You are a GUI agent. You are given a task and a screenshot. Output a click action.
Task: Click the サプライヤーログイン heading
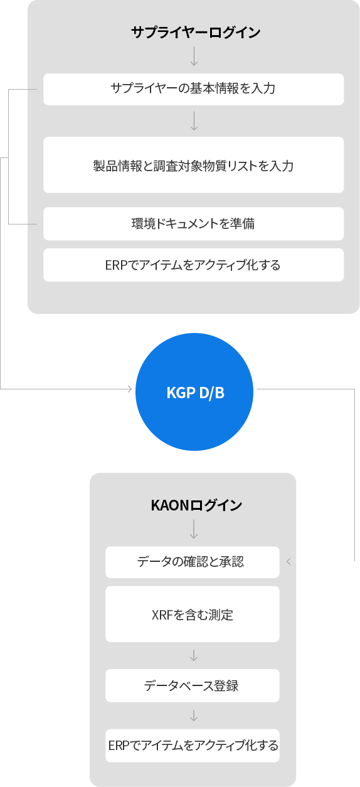(x=196, y=33)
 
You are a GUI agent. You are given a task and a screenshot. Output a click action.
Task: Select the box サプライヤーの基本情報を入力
(x=194, y=89)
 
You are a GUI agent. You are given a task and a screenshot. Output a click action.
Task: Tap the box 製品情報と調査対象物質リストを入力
(x=194, y=165)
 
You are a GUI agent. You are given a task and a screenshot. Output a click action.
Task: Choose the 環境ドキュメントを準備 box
(x=194, y=224)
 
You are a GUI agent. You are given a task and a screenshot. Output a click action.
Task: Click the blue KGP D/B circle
(x=194, y=392)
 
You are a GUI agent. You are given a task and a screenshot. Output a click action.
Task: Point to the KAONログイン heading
(x=196, y=505)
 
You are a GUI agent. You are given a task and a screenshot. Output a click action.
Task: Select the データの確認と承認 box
(x=193, y=562)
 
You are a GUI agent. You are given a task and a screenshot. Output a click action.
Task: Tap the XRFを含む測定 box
(x=193, y=614)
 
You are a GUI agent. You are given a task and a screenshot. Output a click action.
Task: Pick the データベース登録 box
(x=193, y=685)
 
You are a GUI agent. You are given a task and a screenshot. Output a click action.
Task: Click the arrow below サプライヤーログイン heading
(x=194, y=56)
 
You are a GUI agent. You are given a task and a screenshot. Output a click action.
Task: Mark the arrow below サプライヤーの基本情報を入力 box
(x=194, y=121)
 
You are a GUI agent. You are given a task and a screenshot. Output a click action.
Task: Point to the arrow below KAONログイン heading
(x=194, y=529)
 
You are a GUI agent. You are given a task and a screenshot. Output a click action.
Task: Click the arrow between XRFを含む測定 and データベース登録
(x=194, y=655)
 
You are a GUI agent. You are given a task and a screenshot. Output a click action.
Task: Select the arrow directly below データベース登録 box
(x=194, y=716)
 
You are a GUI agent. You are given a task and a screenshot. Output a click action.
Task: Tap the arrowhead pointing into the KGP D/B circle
(x=130, y=389)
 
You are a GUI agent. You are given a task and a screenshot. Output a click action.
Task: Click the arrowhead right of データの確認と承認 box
(x=289, y=562)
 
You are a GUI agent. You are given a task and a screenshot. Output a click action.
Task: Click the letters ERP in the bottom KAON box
(x=116, y=746)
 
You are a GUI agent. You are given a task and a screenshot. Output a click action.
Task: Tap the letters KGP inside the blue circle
(x=181, y=393)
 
